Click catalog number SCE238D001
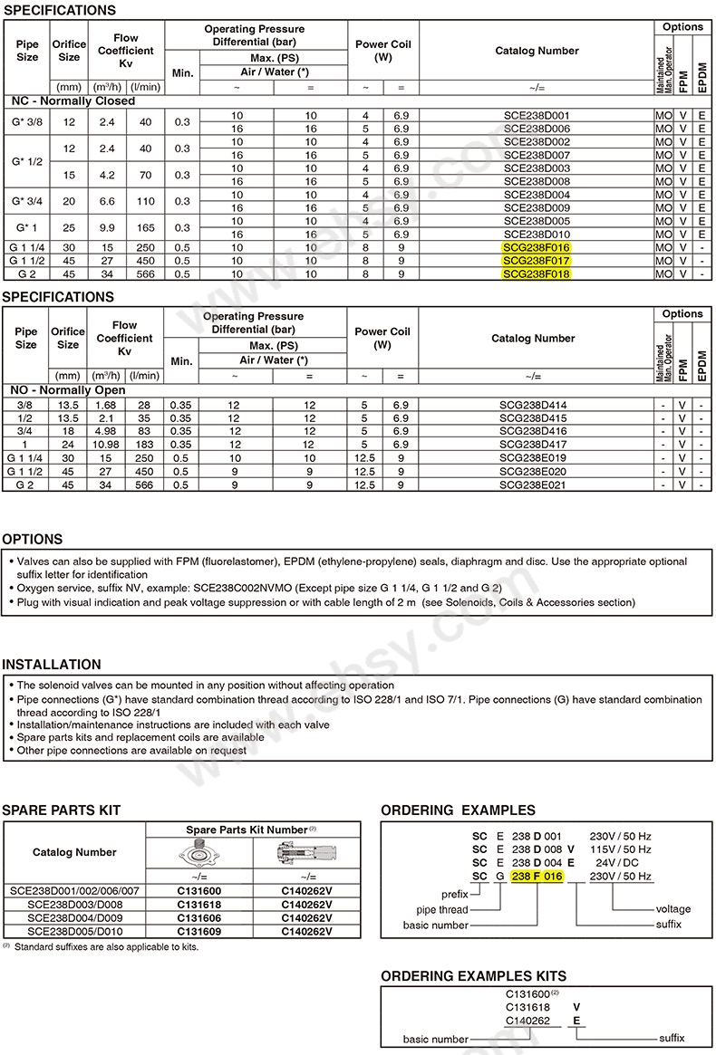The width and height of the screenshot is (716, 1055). coord(536,116)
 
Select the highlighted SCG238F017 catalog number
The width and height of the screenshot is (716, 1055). coord(536,261)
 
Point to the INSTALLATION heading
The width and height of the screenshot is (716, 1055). coord(52,665)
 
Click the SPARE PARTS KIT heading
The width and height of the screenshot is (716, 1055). coord(62,810)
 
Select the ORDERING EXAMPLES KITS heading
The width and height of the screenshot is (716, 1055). coord(473,975)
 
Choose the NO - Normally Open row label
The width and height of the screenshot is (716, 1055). coord(68,390)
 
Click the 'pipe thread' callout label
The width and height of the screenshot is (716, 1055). coord(442,909)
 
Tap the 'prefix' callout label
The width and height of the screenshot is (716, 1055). coord(452,895)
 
